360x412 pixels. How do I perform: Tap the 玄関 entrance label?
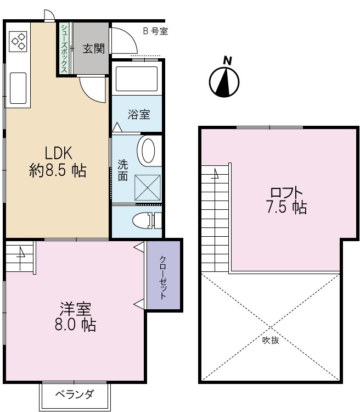93,49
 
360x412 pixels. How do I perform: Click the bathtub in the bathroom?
136,79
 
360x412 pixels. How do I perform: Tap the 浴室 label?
138,114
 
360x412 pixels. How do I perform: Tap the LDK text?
58,152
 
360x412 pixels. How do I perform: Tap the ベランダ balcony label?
75,394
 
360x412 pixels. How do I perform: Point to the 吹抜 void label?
270,340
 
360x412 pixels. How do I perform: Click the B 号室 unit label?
155,31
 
